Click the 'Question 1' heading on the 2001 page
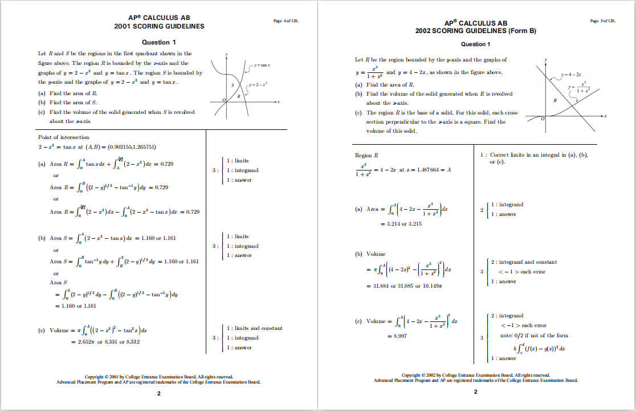click(x=158, y=42)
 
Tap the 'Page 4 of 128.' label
click(x=286, y=21)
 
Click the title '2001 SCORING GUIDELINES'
click(x=159, y=26)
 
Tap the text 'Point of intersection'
click(x=64, y=137)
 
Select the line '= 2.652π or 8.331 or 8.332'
click(x=105, y=341)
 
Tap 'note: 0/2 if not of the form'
click(x=530, y=336)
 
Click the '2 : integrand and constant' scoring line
click(x=524, y=262)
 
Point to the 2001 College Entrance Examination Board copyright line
click(x=158, y=377)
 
